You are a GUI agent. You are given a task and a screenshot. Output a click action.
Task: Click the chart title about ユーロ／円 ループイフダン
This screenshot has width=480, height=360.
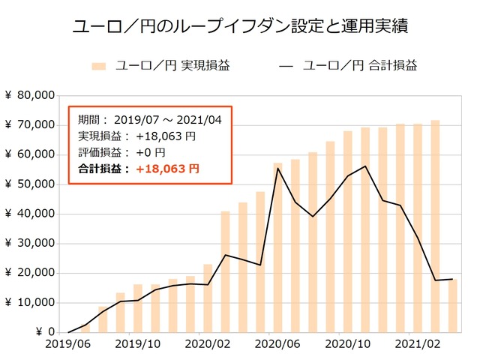pyautogui.click(x=240, y=28)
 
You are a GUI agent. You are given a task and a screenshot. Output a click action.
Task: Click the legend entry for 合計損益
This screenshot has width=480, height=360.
pyautogui.click(x=348, y=66)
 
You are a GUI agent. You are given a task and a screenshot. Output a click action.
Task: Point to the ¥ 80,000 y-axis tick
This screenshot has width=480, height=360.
pyautogui.click(x=29, y=95)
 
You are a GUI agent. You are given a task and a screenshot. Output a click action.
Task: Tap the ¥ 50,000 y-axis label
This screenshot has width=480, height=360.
pyautogui.click(x=29, y=184)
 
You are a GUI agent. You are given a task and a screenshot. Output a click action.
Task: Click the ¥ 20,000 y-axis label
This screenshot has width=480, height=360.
pyautogui.click(x=29, y=273)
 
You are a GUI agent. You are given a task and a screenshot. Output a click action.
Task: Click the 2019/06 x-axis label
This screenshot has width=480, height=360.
pyautogui.click(x=67, y=346)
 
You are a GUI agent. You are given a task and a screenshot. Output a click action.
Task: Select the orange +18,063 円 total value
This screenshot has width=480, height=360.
pyautogui.click(x=167, y=169)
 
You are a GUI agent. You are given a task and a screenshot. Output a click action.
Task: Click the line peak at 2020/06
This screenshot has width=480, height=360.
pyautogui.click(x=277, y=168)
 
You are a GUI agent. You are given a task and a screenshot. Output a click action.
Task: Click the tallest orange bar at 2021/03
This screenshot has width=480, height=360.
pyautogui.click(x=435, y=225)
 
